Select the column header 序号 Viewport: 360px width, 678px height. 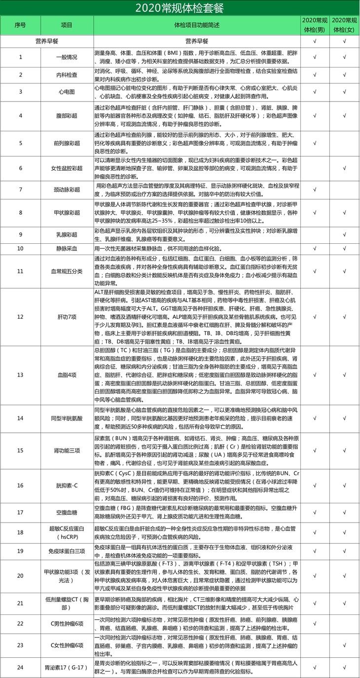click(x=20, y=25)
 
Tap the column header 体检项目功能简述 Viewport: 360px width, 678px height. click(x=197, y=25)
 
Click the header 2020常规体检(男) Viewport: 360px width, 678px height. click(x=315, y=25)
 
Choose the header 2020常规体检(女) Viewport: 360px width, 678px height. click(x=345, y=25)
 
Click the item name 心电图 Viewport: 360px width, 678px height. click(x=66, y=92)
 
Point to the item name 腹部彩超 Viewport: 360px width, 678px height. click(x=66, y=115)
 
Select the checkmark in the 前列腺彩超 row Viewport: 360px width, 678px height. click(x=315, y=143)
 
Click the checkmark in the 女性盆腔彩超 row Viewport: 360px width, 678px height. click(x=345, y=168)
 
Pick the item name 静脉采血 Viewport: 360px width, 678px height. click(x=66, y=248)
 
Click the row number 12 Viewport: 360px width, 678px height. click(x=20, y=316)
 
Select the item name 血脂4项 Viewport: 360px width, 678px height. click(x=66, y=375)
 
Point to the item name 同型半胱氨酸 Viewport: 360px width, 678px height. click(x=66, y=418)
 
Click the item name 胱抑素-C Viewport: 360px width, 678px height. click(x=66, y=485)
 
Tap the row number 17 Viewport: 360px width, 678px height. click(x=20, y=512)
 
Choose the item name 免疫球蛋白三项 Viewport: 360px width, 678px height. click(x=66, y=550)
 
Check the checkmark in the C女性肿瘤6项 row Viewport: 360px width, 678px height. click(x=345, y=645)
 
